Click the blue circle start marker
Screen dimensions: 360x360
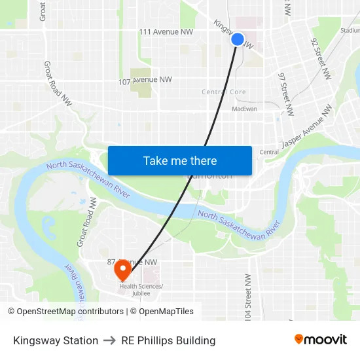[x=238, y=39]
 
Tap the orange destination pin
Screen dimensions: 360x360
[x=122, y=270]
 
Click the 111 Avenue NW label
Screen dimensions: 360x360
[x=166, y=31]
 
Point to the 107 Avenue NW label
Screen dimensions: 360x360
[x=145, y=81]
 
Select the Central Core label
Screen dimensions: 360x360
[x=224, y=92]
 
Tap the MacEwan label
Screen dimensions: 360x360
[x=245, y=109]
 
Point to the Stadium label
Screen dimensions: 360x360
[x=350, y=30]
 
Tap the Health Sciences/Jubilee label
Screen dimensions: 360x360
[x=141, y=290]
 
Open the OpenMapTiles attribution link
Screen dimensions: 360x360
[x=166, y=312]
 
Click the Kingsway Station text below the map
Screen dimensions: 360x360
[x=56, y=340]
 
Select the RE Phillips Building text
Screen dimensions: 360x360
[x=168, y=340]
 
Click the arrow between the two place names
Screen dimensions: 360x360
[x=109, y=340]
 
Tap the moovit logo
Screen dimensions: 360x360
[x=321, y=340]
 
